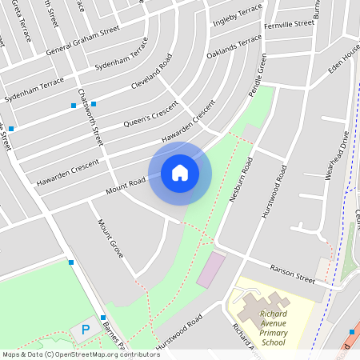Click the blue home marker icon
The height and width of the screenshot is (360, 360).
tap(180, 172)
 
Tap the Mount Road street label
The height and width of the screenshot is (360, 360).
tap(126, 186)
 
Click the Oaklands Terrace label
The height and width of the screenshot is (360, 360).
tap(234, 46)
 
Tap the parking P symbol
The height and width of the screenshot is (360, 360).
tap(86, 330)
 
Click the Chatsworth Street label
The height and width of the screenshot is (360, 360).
tap(90, 116)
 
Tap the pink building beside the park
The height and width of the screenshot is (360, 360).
tap(211, 270)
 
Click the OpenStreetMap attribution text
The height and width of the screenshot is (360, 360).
tap(81, 354)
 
